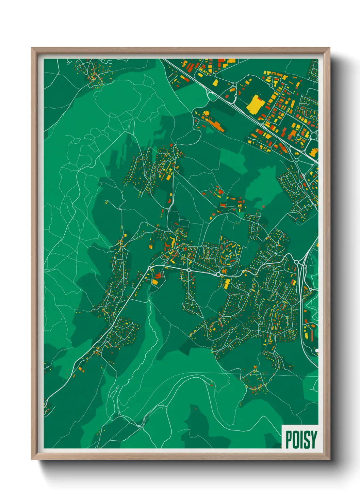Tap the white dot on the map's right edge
click(x=317, y=350)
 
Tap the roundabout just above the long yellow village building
click(x=218, y=274)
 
